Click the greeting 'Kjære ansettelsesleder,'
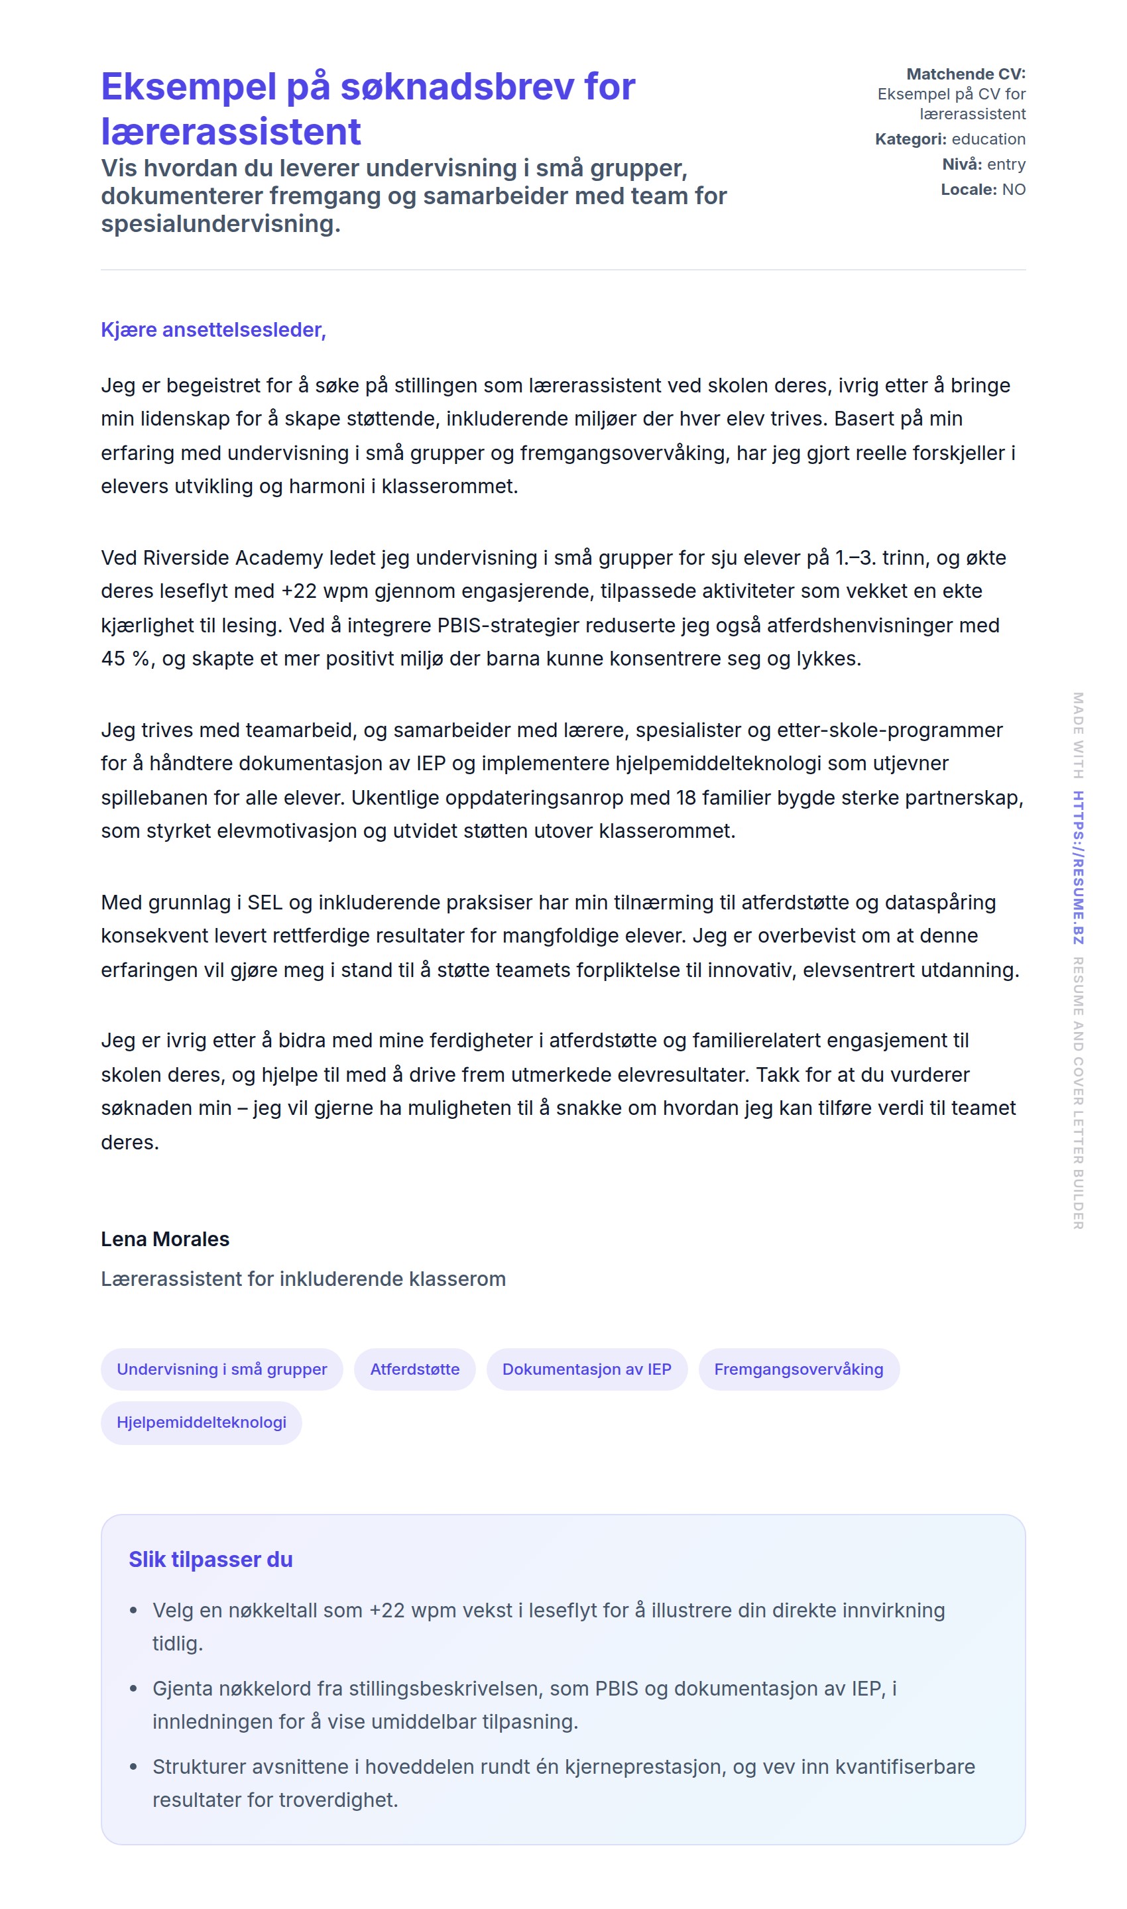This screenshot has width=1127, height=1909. pos(213,329)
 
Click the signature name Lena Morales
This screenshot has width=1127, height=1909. pos(165,1238)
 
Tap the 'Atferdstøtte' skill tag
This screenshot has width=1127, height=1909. pos(414,1369)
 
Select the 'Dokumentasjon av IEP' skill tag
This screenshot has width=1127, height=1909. pos(586,1369)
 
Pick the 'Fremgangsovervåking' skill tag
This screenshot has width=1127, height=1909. pos(798,1369)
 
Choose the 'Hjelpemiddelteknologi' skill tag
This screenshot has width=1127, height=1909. pos(202,1422)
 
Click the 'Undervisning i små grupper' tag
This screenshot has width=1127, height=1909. pos(222,1369)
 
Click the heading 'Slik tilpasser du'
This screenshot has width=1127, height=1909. pos(210,1559)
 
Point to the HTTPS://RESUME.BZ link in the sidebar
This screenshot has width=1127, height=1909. pos(1078,867)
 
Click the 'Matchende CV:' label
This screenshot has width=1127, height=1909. pos(965,74)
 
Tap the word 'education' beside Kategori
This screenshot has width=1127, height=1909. pos(988,139)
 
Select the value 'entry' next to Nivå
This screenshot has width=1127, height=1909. pos(1006,164)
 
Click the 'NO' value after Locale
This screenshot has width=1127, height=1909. pos(1014,189)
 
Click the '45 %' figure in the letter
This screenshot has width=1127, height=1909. pos(125,658)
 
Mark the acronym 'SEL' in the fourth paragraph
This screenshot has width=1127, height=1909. pos(265,902)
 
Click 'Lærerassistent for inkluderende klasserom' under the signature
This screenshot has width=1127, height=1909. pos(303,1279)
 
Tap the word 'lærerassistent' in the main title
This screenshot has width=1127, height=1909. pos(231,131)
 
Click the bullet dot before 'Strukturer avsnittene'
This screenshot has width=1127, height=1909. pos(134,1766)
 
